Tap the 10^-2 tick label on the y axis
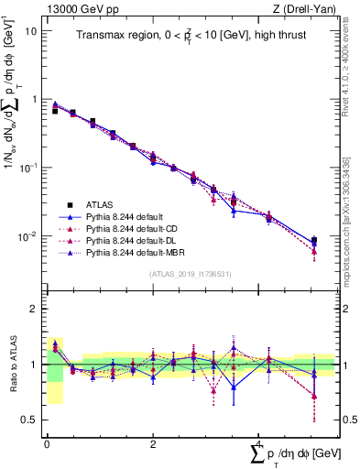click(x=27, y=236)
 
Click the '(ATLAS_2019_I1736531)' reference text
click(x=191, y=273)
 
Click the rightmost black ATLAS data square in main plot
click(x=314, y=240)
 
